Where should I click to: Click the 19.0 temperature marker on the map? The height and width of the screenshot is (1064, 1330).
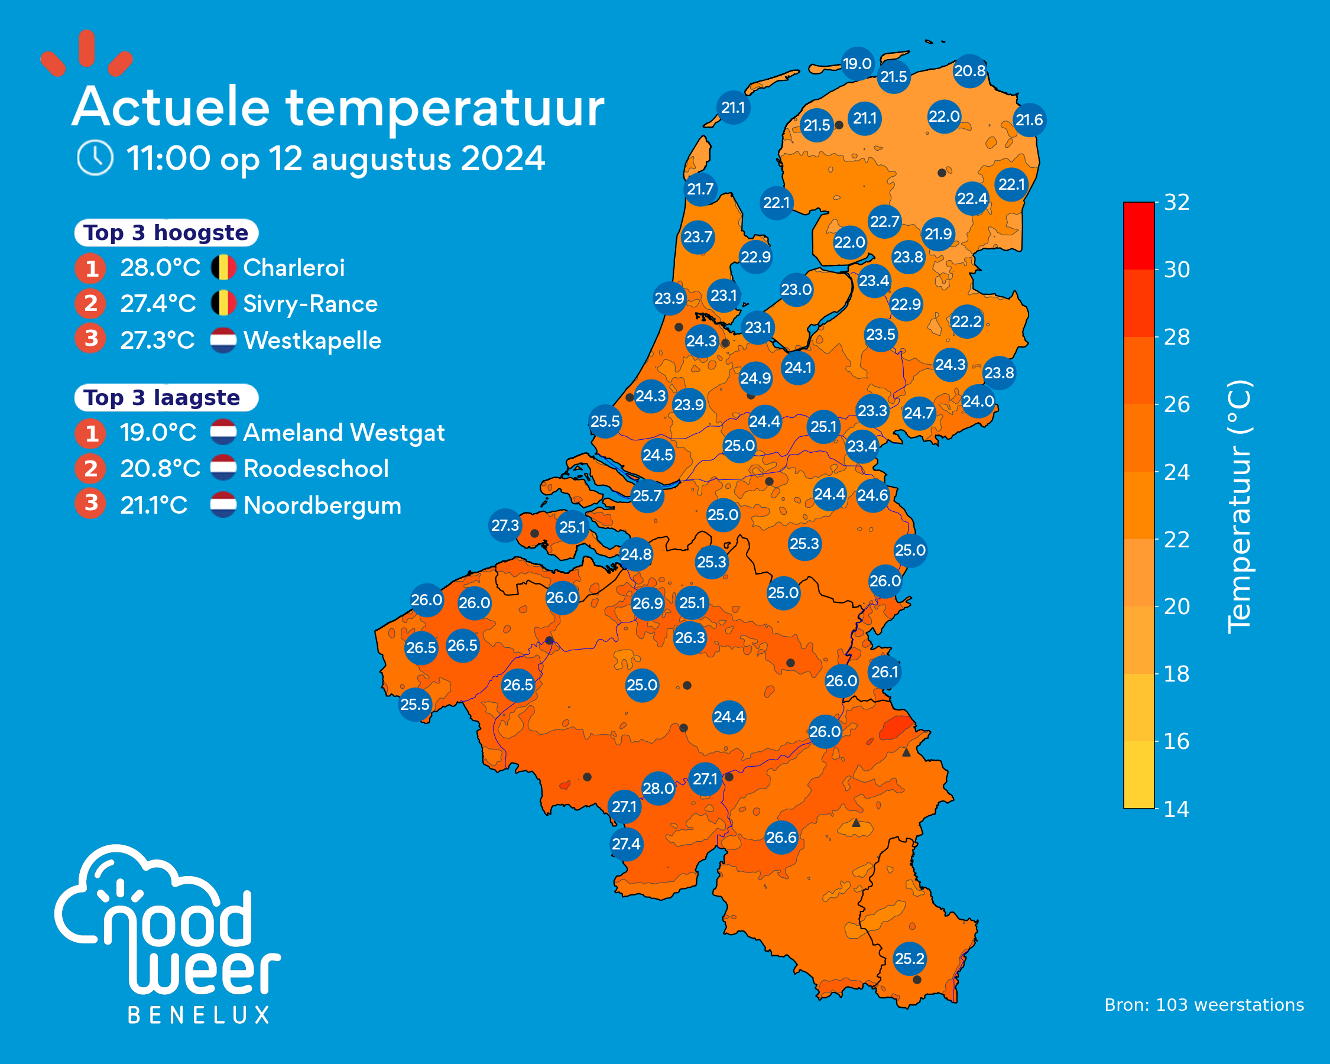tap(858, 63)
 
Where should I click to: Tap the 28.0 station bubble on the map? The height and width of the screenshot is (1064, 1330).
tap(658, 789)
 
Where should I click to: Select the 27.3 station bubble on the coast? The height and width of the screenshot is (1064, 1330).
tap(505, 525)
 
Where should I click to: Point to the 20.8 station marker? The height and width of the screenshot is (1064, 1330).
tap(970, 71)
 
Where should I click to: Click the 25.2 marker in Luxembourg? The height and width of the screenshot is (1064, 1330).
tap(910, 959)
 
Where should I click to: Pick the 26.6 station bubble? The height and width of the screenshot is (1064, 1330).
tap(781, 838)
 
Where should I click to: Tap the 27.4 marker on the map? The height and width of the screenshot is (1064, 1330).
tap(626, 844)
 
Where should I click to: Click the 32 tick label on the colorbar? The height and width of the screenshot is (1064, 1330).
tap(1176, 202)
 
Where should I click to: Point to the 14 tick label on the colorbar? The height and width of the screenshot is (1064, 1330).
tap(1176, 809)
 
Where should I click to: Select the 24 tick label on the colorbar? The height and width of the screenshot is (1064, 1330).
tap(1176, 472)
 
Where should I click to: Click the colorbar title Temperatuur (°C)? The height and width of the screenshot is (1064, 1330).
tap(1239, 507)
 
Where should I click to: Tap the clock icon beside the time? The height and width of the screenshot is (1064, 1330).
tap(95, 157)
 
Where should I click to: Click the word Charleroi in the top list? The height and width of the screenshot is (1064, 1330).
tap(294, 268)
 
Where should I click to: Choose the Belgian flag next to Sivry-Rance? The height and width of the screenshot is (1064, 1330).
tap(223, 303)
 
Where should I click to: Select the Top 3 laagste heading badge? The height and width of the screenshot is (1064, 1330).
tap(167, 397)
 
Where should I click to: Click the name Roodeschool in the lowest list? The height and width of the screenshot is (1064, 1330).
tap(316, 469)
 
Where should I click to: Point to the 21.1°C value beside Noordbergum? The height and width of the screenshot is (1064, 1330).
tap(154, 505)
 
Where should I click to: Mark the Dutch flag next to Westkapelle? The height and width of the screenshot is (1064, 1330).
tap(223, 340)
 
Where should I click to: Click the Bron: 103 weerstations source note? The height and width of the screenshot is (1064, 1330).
tap(1204, 1005)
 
